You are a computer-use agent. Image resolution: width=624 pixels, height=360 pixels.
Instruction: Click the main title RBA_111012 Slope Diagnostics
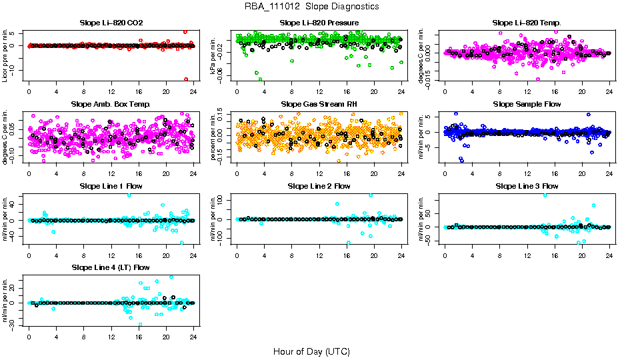[x=312, y=6]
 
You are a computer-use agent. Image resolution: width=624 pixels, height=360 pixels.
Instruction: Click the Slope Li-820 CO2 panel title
[x=111, y=23]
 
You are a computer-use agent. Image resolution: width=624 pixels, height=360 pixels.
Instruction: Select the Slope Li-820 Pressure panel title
[x=319, y=23]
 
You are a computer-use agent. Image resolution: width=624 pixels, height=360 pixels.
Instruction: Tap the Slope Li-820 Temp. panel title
[x=527, y=23]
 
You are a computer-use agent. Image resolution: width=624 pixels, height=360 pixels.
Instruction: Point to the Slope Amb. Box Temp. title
[x=111, y=104]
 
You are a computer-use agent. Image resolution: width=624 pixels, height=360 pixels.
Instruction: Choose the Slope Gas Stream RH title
[x=319, y=104]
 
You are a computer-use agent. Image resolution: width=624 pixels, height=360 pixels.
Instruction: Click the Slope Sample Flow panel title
[x=527, y=104]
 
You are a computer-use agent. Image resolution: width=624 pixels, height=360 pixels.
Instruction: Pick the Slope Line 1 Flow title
[x=111, y=186]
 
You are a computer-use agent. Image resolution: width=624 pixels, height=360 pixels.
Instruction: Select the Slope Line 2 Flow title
[x=319, y=186]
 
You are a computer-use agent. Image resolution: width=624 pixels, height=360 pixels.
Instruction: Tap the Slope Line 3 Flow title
[x=527, y=186]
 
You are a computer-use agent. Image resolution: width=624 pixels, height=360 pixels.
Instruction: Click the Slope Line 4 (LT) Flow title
[x=111, y=267]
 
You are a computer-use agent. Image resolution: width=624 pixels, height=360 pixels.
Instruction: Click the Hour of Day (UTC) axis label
[x=311, y=351]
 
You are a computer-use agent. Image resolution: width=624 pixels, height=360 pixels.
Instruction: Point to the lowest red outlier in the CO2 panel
[x=186, y=79]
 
